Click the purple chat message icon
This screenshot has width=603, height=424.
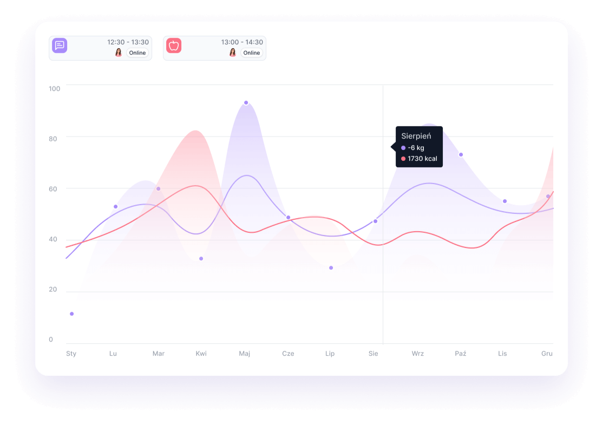(60, 45)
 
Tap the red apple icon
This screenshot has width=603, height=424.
(174, 45)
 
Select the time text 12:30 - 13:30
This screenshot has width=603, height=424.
(128, 42)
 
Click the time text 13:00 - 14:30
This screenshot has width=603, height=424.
(242, 42)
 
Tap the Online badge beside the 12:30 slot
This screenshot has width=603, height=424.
(137, 53)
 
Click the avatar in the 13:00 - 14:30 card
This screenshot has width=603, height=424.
(233, 53)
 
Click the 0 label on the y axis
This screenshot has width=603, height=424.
(51, 340)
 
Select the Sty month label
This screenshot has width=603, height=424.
(71, 354)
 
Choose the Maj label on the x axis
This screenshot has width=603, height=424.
(245, 354)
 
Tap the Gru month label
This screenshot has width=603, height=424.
(547, 354)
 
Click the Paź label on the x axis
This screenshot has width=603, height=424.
(461, 354)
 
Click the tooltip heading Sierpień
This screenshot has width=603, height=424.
(416, 136)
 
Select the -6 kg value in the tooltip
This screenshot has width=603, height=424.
(416, 148)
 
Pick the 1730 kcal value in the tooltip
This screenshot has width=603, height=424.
(422, 159)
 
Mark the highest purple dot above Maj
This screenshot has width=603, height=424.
(246, 103)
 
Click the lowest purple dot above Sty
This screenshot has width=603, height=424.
(71, 314)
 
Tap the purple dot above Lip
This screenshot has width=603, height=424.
(331, 268)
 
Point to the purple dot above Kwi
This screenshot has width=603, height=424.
(201, 259)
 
